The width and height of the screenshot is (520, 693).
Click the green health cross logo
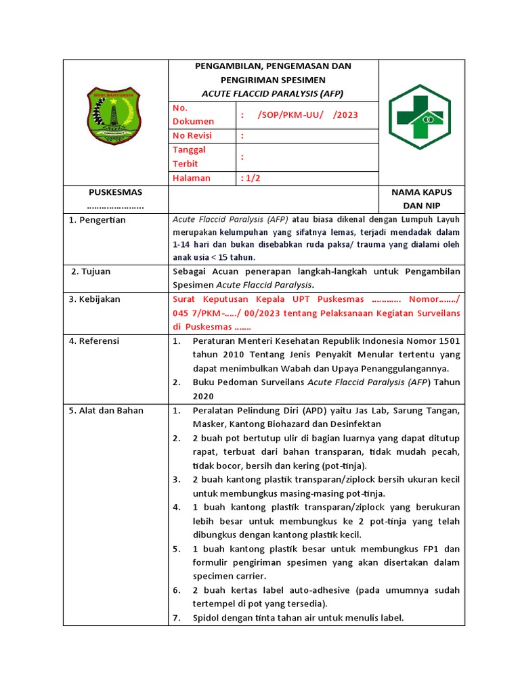click(420, 117)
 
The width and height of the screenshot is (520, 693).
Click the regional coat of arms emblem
click(114, 116)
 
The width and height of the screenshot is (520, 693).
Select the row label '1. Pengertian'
click(97, 220)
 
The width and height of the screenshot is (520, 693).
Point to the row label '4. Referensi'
click(94, 340)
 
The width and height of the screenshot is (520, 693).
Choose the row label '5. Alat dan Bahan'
click(106, 410)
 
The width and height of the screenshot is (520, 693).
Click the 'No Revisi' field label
click(192, 135)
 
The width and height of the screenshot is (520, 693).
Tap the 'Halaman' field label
click(192, 178)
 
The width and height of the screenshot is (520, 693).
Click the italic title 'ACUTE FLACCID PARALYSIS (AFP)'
click(273, 93)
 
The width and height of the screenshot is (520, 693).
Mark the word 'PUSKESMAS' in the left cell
click(116, 192)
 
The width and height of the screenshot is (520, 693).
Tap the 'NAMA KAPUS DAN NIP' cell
click(421, 198)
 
